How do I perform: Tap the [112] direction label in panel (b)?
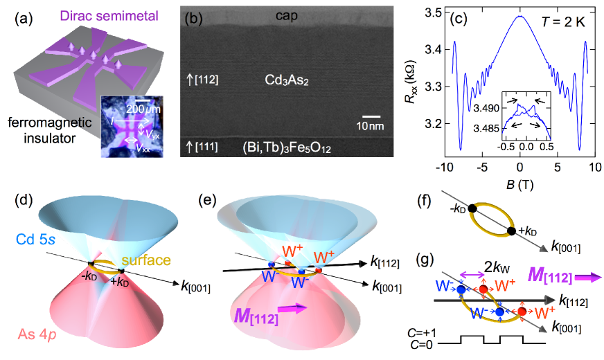point(204,81)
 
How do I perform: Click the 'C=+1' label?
point(429,334)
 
